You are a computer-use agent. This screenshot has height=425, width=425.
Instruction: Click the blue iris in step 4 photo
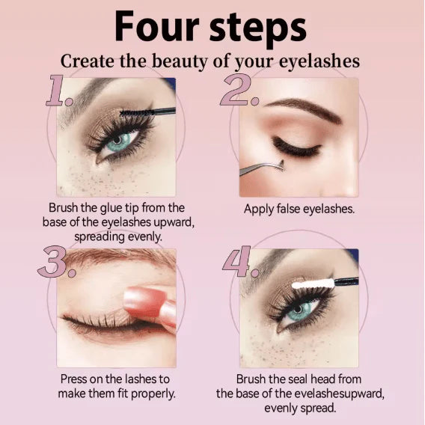click(302, 309)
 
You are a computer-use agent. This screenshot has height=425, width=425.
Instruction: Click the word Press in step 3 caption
click(75, 379)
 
